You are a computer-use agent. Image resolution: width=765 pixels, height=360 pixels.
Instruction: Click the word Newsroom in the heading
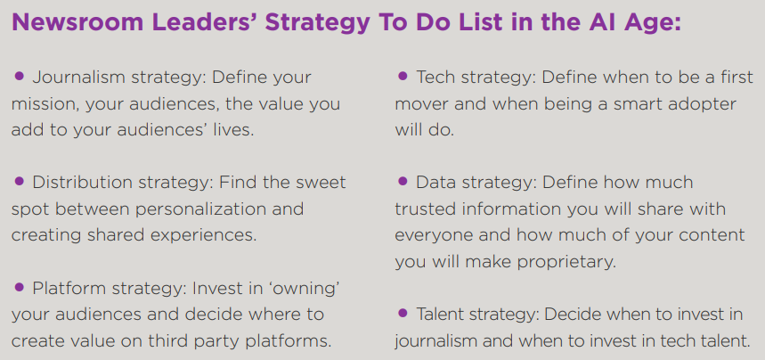pyautogui.click(x=77, y=21)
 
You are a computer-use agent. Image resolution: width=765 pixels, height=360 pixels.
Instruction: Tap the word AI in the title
pyautogui.click(x=603, y=21)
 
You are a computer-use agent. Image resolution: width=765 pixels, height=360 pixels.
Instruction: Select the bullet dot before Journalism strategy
pyautogui.click(x=19, y=77)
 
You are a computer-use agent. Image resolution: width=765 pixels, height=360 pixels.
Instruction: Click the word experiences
pyautogui.click(x=202, y=236)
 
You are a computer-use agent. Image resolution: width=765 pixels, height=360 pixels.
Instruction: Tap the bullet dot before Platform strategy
pyautogui.click(x=19, y=287)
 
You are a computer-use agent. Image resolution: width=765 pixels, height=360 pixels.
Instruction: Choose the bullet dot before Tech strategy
pyautogui.click(x=403, y=77)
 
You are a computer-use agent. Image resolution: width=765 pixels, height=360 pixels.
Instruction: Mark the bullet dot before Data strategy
pyautogui.click(x=403, y=182)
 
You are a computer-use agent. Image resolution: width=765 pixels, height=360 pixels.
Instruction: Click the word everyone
pyautogui.click(x=434, y=236)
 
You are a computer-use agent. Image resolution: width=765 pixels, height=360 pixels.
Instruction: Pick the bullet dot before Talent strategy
pyautogui.click(x=403, y=313)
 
